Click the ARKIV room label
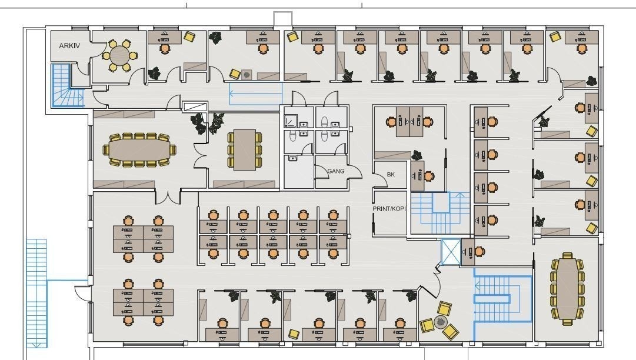[69, 46]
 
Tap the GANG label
[336, 171]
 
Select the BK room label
[391, 175]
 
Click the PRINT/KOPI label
[389, 209]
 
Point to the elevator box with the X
[450, 252]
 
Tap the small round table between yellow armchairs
[441, 321]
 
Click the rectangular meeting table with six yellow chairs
[244, 149]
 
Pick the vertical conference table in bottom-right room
[568, 288]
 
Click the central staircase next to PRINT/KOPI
[440, 211]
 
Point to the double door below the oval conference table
[168, 196]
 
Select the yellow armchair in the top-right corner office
[555, 36]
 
